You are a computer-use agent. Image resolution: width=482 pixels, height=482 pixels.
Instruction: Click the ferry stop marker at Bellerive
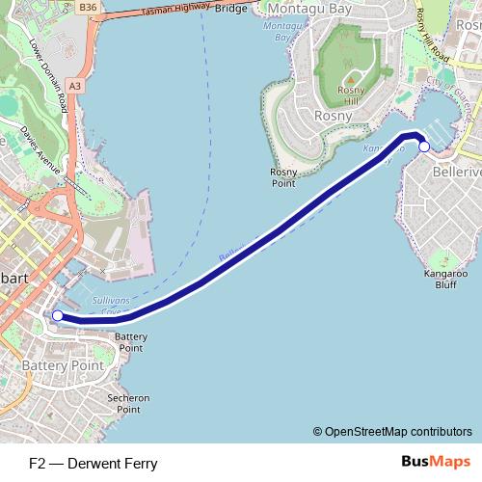[x=423, y=146]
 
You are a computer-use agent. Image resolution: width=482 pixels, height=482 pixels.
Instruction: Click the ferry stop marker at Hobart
[x=57, y=315]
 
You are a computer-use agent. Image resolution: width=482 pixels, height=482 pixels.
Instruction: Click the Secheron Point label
[x=129, y=403]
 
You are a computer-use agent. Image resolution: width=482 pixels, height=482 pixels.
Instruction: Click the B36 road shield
[x=89, y=7]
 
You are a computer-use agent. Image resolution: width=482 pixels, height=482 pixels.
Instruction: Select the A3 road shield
[x=76, y=86]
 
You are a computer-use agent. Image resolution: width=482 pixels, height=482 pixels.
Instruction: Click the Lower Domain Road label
[x=47, y=72]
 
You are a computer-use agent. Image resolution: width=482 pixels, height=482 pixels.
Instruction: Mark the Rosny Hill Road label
[x=434, y=34]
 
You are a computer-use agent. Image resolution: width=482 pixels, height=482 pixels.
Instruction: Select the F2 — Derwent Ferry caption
[x=93, y=463]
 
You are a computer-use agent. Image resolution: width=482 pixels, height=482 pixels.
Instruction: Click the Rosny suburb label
[x=334, y=116]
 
